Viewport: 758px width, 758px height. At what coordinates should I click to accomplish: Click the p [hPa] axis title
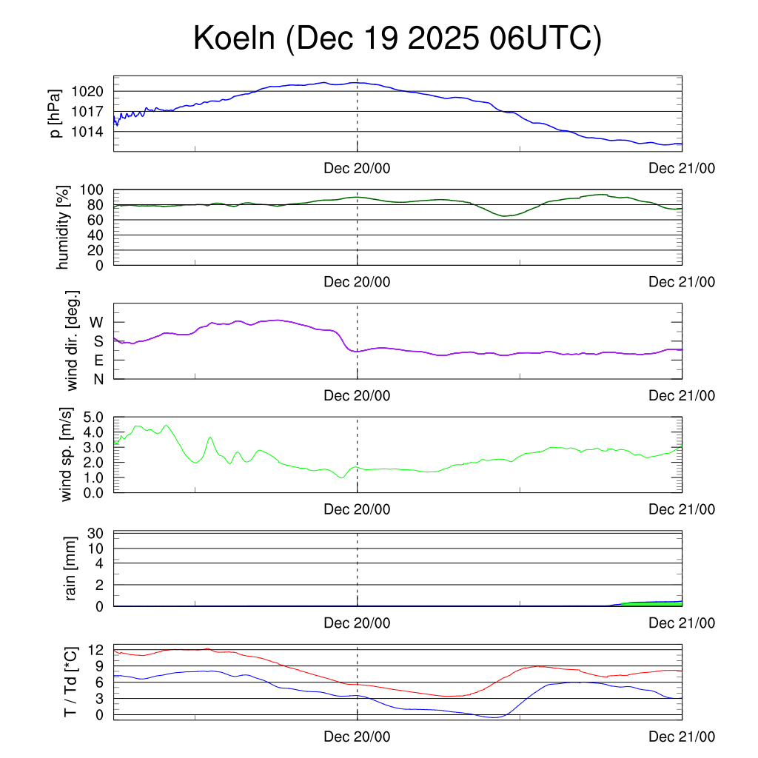pyautogui.click(x=56, y=113)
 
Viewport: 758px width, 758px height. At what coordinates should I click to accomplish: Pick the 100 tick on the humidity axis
pyautogui.click(x=95, y=189)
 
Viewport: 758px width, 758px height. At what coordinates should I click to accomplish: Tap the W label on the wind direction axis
pyautogui.click(x=96, y=322)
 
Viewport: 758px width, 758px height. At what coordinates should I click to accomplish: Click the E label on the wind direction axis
pyautogui.click(x=98, y=360)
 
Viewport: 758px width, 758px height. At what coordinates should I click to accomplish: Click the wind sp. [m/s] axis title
pyautogui.click(x=67, y=455)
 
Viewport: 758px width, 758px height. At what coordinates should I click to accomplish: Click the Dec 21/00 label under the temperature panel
pyautogui.click(x=682, y=737)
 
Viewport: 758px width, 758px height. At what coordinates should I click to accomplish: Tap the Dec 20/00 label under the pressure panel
pyautogui.click(x=357, y=169)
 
